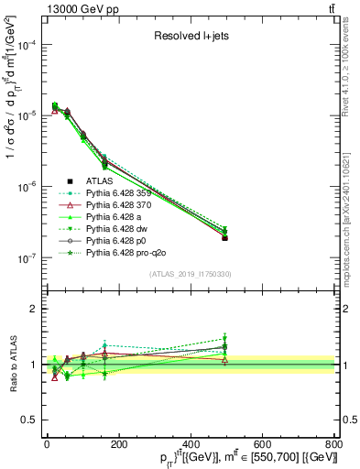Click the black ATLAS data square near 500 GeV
[224, 237]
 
